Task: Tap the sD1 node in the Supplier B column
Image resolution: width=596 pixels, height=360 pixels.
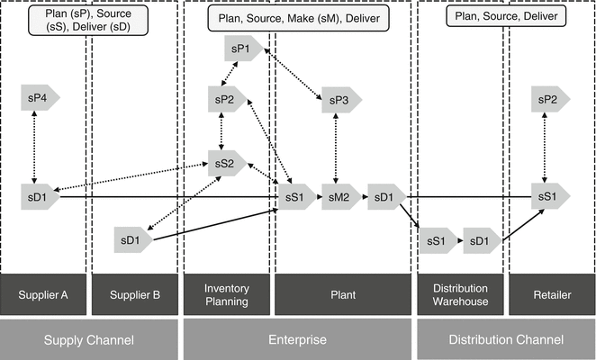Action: [x=132, y=239]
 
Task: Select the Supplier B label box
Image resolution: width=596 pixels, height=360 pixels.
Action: [x=134, y=294]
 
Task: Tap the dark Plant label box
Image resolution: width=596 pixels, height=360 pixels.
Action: [x=342, y=294]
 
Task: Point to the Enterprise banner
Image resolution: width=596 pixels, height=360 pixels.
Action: [x=297, y=340]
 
